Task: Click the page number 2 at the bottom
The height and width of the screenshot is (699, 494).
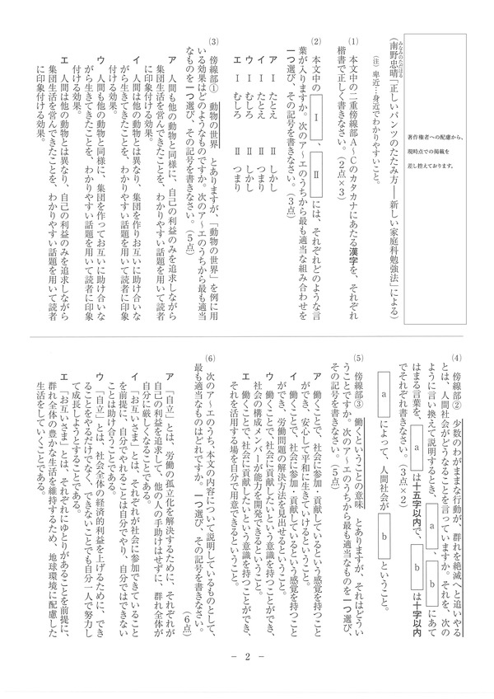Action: tap(247, 678)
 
